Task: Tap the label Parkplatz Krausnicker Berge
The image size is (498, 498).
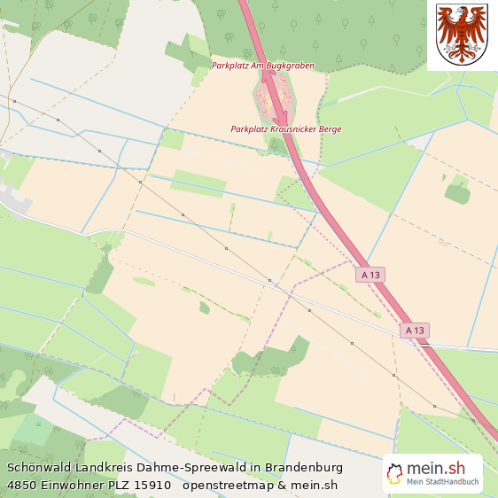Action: coord(285,129)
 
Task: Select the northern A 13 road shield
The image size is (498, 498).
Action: coord(371,275)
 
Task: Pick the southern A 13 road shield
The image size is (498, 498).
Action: coord(414,331)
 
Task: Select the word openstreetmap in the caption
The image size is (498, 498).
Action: coord(226,485)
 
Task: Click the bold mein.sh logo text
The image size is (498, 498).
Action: coord(435,469)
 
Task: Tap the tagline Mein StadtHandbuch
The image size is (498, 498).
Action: coord(442,483)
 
